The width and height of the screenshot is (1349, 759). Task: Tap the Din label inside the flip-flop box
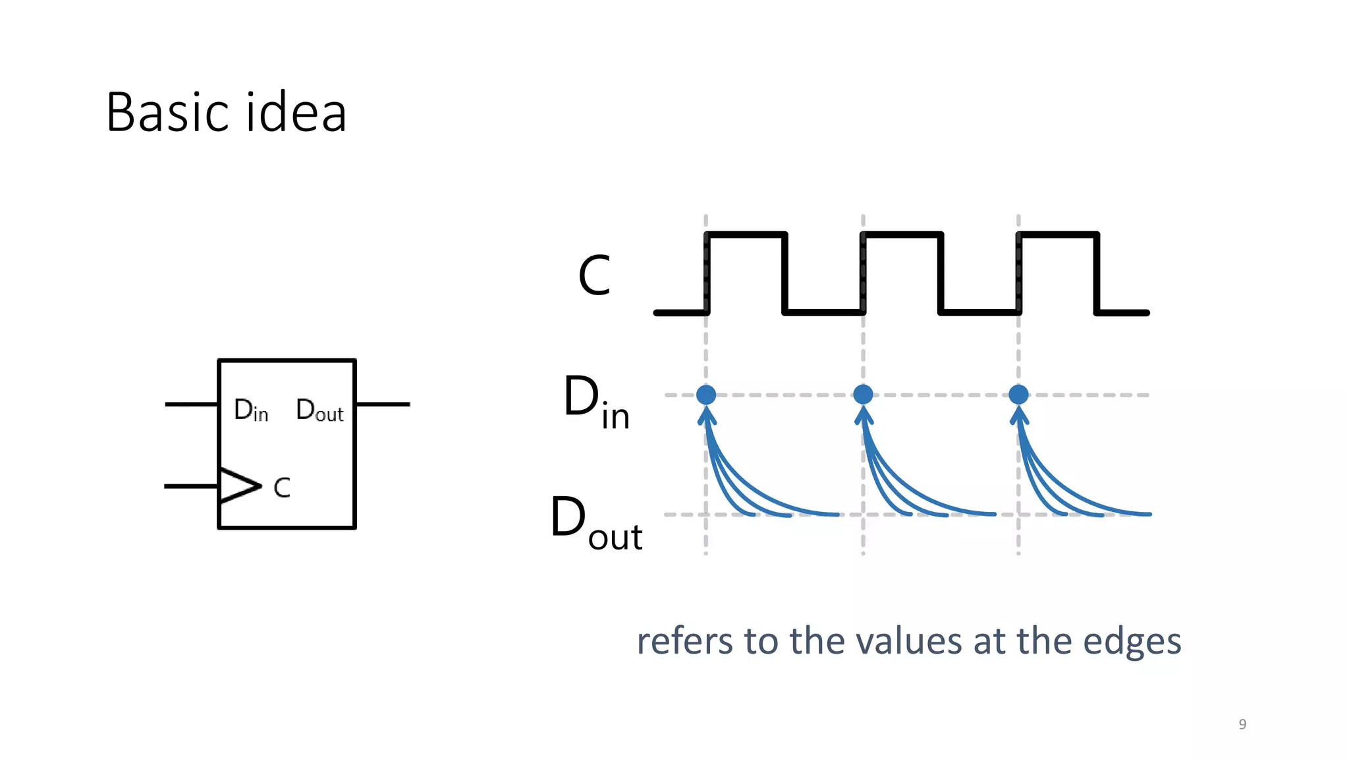tap(251, 410)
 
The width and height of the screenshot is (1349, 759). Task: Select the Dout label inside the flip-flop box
tap(319, 410)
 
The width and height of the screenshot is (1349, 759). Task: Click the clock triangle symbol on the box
tap(237, 486)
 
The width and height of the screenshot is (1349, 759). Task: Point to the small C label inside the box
tap(282, 488)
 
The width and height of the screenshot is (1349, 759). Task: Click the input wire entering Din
tap(190, 404)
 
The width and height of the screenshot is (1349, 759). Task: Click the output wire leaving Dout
tap(383, 404)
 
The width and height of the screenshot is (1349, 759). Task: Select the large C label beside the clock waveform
tap(594, 275)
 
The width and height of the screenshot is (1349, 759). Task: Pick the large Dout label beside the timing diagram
tap(595, 522)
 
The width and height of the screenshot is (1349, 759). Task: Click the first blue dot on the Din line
tap(706, 395)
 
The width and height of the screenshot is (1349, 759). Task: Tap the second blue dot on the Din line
tap(863, 395)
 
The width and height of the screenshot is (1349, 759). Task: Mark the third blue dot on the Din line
tap(1018, 395)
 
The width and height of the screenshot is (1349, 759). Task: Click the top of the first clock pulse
tap(746, 234)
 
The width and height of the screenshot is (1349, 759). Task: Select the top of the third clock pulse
tap(1058, 234)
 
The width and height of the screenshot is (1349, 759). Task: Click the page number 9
tap(1242, 724)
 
